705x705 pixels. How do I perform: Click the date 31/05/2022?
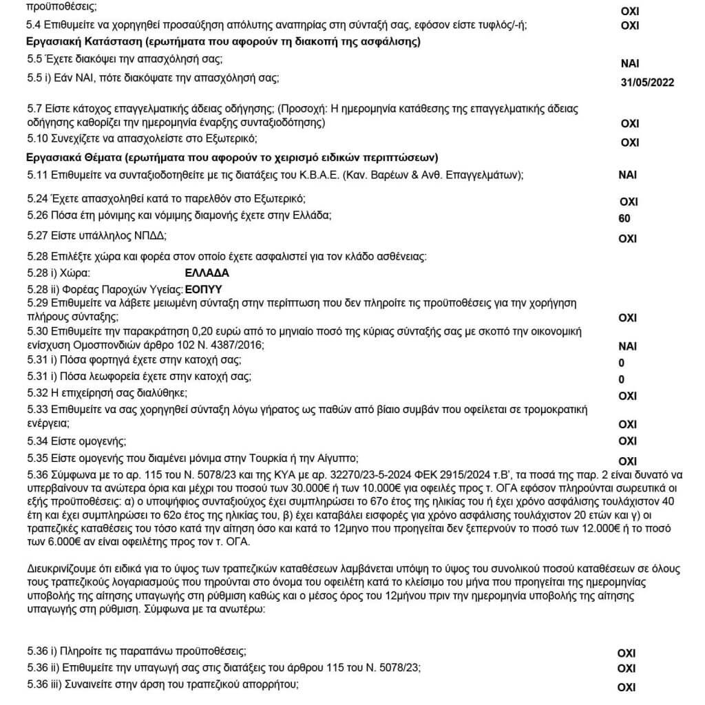(646, 83)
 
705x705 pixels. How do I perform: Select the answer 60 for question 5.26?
(625, 220)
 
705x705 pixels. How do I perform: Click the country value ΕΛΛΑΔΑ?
(208, 273)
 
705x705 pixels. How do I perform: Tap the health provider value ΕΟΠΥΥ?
(207, 289)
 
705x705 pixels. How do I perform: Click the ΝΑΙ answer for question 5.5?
(630, 63)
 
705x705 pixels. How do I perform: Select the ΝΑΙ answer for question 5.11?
(628, 175)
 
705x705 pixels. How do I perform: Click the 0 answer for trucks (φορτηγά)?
(622, 363)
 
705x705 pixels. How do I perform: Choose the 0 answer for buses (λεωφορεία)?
(622, 379)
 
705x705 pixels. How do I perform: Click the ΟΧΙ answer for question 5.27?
(628, 239)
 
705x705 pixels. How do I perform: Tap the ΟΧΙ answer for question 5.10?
(630, 143)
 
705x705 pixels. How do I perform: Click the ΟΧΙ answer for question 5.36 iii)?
(627, 687)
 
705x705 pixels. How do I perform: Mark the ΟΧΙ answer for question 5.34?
(628, 441)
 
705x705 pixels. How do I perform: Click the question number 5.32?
(37, 392)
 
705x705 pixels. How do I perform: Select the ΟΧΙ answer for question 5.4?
(630, 26)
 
